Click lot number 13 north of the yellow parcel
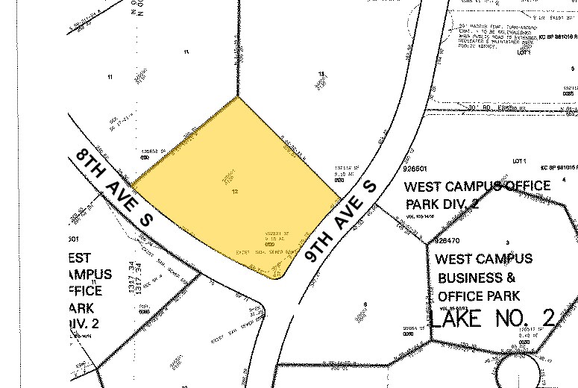pos(321,74)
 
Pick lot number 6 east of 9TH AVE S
pos(365,304)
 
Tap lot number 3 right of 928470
pos(506,243)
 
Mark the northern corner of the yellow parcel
pos(238,96)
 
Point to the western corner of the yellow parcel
pos(132,184)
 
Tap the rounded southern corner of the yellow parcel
pos(278,278)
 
